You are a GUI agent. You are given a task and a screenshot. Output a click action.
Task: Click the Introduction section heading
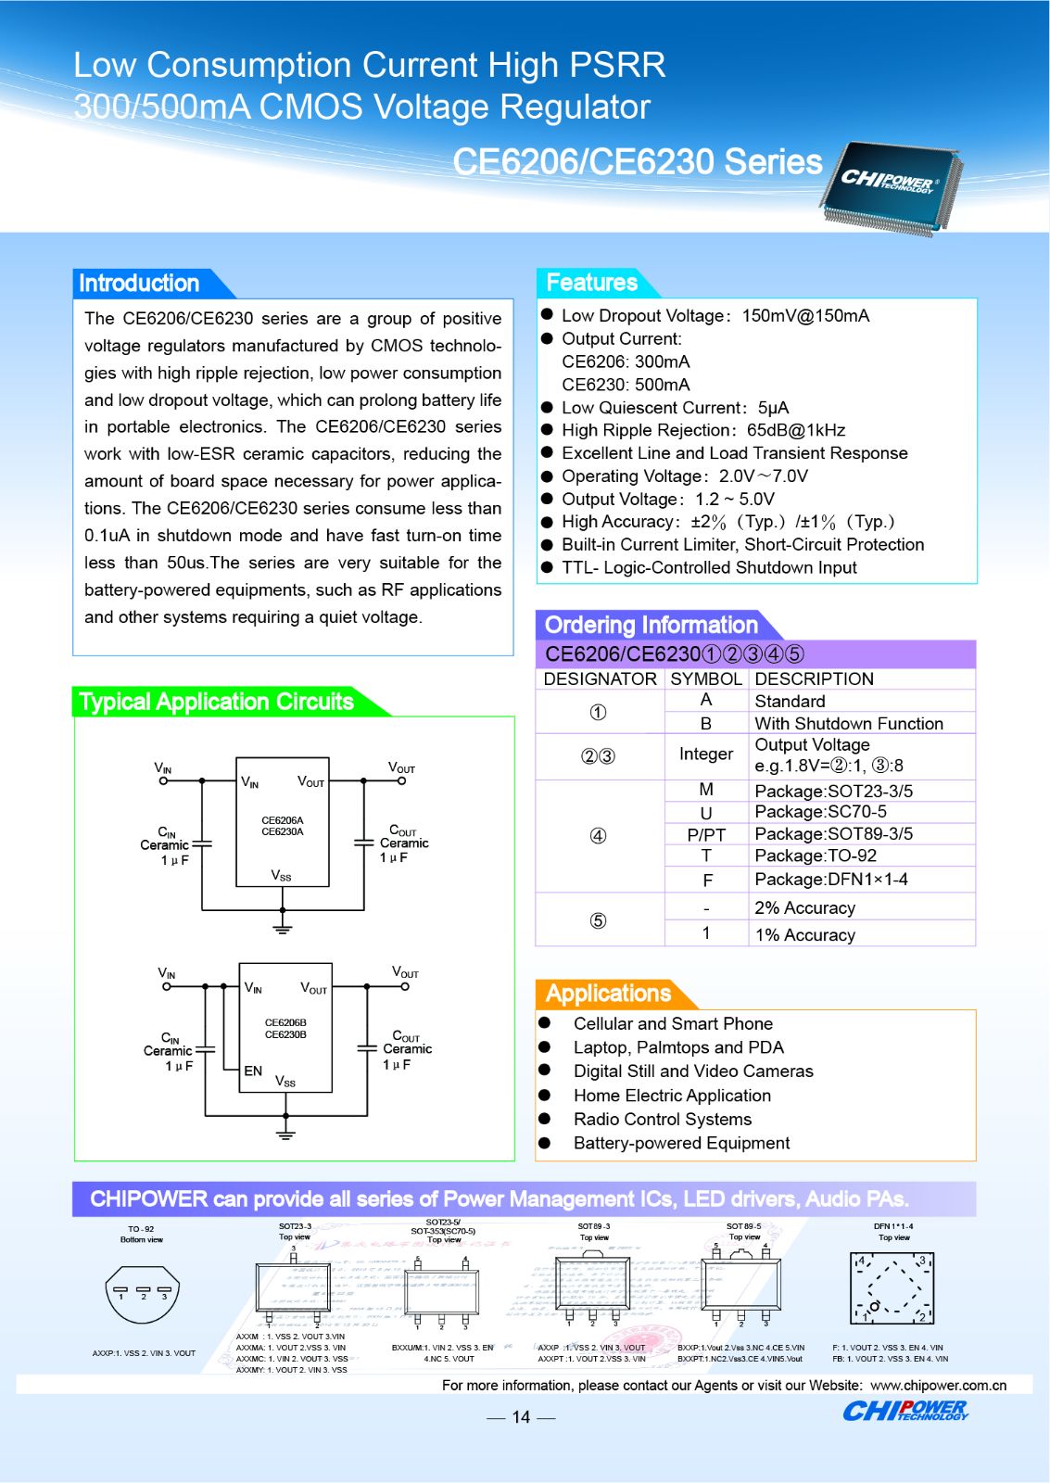[139, 284]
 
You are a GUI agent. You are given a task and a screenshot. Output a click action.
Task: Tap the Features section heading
[591, 283]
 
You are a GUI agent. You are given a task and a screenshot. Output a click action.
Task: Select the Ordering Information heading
[651, 625]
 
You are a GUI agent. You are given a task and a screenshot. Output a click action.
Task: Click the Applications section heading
[608, 994]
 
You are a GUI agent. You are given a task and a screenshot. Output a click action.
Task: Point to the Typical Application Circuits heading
[216, 702]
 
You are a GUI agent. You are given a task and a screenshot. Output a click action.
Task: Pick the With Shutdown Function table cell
[849, 724]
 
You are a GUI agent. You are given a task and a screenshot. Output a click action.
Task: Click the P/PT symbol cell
[706, 834]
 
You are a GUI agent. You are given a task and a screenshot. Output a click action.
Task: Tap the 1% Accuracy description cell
[805, 935]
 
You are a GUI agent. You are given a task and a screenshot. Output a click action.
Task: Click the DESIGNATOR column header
[600, 679]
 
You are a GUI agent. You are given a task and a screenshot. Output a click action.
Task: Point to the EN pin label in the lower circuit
[253, 1071]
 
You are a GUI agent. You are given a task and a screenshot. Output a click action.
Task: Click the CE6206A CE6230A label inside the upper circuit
[283, 826]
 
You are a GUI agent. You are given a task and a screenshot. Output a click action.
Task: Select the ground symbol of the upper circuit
[283, 926]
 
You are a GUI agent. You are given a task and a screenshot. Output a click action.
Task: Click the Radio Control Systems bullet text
[663, 1120]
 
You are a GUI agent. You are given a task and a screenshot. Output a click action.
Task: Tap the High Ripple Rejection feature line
[702, 430]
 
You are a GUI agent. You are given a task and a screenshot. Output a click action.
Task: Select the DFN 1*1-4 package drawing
[892, 1287]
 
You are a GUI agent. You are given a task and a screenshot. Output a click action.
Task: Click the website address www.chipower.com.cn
[938, 1386]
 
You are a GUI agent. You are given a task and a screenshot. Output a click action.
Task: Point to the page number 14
[521, 1417]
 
